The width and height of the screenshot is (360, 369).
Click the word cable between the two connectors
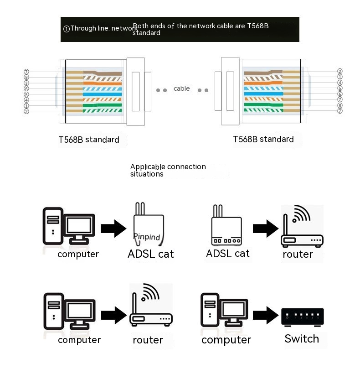(181, 88)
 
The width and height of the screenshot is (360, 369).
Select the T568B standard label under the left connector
(89, 140)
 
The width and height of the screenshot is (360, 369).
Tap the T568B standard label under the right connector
(263, 139)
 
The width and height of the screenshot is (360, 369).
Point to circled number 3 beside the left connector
(26, 83)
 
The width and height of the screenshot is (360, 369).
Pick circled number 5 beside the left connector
(26, 94)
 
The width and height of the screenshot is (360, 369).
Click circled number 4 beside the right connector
(339, 83)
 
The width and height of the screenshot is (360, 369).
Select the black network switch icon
(303, 316)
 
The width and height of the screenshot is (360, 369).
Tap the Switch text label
(302, 339)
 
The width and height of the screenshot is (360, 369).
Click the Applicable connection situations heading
(168, 170)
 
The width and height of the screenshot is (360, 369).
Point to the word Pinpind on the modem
(147, 237)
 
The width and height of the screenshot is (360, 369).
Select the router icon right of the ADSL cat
(301, 226)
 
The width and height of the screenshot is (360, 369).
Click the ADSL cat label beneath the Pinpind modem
(151, 254)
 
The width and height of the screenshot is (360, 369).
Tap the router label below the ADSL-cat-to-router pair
(298, 254)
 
